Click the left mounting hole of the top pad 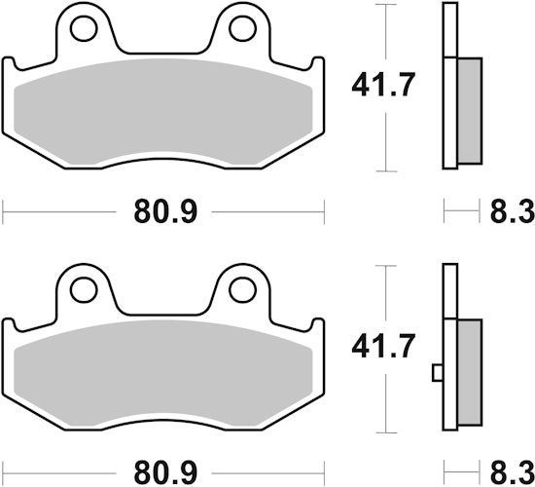tap(84, 29)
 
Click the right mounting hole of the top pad tap(243, 29)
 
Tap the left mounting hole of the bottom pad tap(84, 290)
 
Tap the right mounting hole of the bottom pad tap(243, 290)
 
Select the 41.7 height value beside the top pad tap(383, 85)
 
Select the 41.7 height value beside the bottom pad tap(383, 346)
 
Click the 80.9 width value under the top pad tap(165, 212)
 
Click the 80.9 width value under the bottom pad tap(165, 473)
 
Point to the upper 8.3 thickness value tap(513, 212)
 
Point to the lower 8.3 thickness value tap(513, 473)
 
